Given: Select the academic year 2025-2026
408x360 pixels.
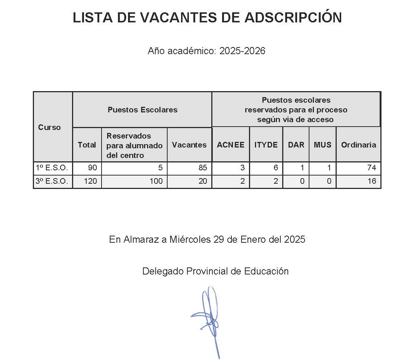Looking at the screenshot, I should click(242, 51).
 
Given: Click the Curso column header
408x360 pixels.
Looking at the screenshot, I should click(49, 127).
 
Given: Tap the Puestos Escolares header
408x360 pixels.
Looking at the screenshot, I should click(142, 110).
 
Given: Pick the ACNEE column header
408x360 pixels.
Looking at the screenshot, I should click(231, 145).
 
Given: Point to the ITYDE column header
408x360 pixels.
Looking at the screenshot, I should click(266, 145).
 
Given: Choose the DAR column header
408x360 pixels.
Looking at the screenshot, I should click(296, 145).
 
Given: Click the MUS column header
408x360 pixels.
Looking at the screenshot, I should click(323, 145).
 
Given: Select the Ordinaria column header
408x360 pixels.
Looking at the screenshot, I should click(358, 145).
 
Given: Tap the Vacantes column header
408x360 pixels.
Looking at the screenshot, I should click(189, 145).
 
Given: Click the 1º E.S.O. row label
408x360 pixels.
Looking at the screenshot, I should click(52, 168).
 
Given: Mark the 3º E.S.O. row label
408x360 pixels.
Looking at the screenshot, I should click(52, 181).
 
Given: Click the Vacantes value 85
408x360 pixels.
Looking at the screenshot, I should click(203, 168).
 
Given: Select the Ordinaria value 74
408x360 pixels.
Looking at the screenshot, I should click(371, 168).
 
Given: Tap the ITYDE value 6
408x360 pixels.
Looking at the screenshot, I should click(275, 168).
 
